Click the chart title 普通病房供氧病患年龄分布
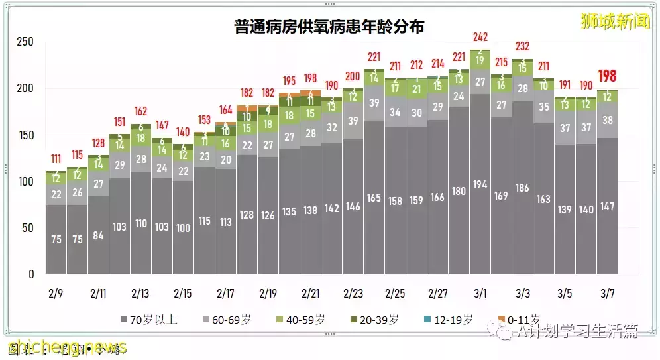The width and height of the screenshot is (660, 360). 329,27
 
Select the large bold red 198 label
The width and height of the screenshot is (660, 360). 608,76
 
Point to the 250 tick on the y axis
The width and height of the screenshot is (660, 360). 25,42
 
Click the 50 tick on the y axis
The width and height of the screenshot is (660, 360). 28,228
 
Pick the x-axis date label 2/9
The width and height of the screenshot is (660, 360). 56,292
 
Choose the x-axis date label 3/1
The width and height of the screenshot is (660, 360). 480,292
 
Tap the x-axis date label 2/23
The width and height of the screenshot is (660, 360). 353,292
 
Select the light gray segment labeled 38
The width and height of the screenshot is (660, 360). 608,121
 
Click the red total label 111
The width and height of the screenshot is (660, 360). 56,160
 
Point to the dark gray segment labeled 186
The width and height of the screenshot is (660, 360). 522,188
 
